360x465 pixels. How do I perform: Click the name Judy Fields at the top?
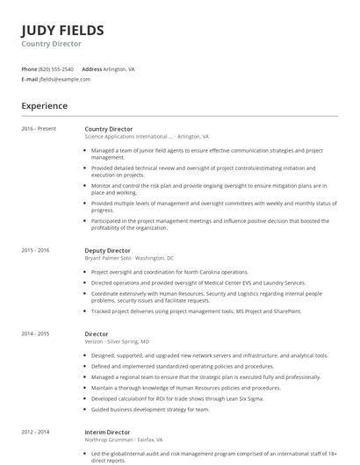point(62,30)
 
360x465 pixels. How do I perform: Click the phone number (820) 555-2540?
point(56,68)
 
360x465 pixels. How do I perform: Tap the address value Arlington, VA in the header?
point(119,68)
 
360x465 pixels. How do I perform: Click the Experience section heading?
point(45,106)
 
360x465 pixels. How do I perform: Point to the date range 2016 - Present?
point(39,129)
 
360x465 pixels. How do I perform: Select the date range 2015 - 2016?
point(35,250)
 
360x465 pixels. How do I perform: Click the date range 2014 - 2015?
point(35,334)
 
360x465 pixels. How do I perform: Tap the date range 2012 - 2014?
point(35,433)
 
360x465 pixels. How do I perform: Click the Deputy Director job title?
point(108,250)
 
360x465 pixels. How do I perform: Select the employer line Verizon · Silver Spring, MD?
point(117,341)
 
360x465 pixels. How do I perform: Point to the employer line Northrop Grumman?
point(124,440)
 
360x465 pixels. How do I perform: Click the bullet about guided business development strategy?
point(150,408)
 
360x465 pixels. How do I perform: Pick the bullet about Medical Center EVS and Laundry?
point(198,283)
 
